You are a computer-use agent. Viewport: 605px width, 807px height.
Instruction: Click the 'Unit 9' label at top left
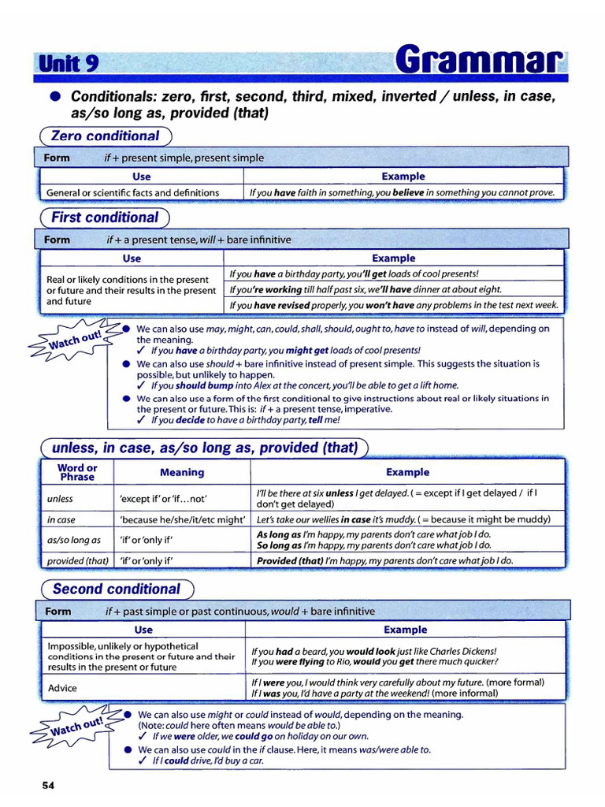68,64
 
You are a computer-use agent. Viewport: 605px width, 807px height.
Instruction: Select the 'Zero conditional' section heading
105,136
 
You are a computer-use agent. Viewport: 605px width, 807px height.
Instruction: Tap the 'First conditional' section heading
105,218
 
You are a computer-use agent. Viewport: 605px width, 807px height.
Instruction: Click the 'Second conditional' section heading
116,589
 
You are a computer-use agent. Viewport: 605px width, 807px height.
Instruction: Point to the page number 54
48,785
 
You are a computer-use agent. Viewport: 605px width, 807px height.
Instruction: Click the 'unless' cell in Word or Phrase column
60,499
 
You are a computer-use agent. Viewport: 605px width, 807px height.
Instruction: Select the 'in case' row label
61,520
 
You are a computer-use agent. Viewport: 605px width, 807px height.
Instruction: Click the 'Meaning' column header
182,472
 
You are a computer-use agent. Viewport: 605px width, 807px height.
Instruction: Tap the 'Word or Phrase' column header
77,472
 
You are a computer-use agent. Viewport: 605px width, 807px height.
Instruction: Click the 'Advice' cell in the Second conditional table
62,688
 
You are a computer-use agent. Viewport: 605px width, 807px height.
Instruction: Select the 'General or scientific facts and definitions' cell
132,192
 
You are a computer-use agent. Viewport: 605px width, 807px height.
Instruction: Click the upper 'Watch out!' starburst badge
76,340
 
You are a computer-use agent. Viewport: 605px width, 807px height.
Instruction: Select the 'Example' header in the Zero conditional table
403,177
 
